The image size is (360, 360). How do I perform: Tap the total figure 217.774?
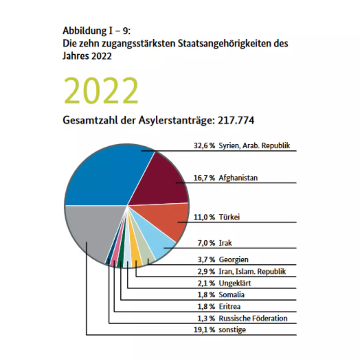coord(236,120)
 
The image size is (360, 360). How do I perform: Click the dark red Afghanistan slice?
coord(159,180)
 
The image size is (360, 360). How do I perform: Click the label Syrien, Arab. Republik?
coord(254,146)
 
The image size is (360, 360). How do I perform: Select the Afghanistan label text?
coord(238,178)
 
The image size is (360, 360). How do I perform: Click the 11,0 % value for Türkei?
coord(204,217)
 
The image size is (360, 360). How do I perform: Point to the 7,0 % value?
coord(206,243)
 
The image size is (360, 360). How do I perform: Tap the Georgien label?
coord(233,259)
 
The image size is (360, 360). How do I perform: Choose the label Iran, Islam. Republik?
coord(252,271)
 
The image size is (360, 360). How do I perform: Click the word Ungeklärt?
coord(235,283)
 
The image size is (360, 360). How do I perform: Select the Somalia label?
coord(231,295)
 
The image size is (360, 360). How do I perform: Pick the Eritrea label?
coord(229,306)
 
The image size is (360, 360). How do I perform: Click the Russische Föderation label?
coord(253,318)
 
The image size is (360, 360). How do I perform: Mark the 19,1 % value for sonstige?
coord(204,330)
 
